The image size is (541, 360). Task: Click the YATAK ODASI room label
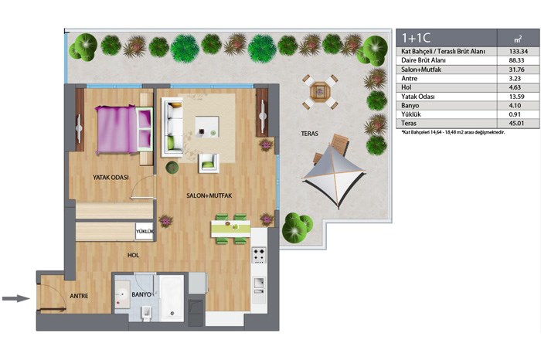[111, 177]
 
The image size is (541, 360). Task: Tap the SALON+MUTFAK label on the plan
[209, 195]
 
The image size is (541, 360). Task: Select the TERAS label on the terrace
[309, 134]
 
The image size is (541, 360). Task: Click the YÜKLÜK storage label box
[145, 232]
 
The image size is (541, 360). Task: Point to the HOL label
[133, 255]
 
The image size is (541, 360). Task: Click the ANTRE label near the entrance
[79, 296]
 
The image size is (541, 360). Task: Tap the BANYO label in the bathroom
[141, 294]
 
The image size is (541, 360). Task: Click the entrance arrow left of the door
[16, 298]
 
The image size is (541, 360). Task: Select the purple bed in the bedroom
[124, 129]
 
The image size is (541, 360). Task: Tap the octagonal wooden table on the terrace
[320, 92]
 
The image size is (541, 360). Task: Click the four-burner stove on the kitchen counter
[259, 255]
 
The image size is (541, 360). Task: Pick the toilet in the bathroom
[146, 312]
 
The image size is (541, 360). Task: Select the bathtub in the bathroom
[172, 298]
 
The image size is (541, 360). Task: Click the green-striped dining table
[231, 229]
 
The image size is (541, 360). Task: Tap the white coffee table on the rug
[206, 127]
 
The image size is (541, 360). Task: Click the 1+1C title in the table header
[416, 38]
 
